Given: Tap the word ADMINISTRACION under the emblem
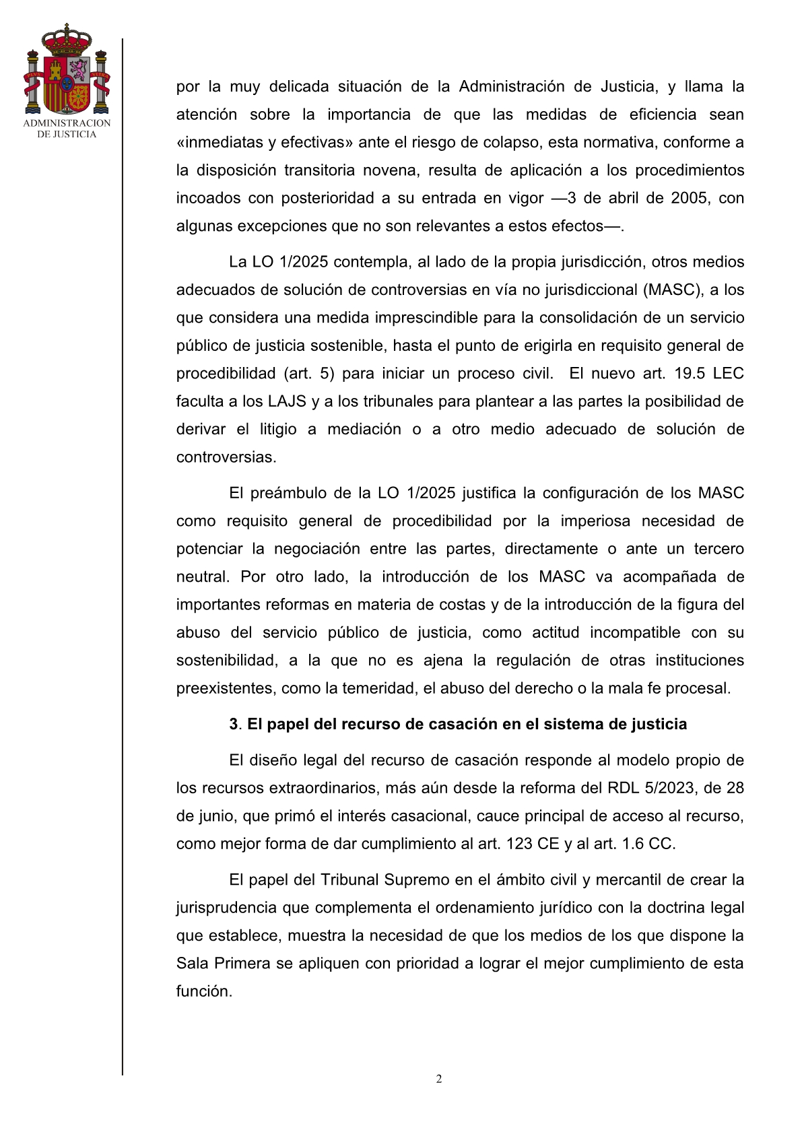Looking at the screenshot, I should tap(67, 123).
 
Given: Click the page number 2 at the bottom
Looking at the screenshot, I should tap(439, 1079).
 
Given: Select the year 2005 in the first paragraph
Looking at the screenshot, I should tap(689, 198).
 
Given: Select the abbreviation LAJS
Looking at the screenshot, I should tap(288, 401).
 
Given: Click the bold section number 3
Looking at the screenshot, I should tap(234, 724).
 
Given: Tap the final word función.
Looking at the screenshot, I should tap(203, 991).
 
